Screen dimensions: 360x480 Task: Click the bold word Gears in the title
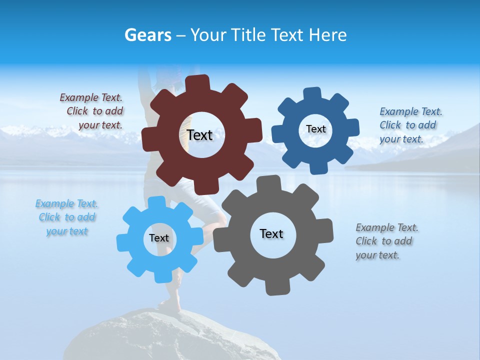147,35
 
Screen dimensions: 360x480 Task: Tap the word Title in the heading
249,35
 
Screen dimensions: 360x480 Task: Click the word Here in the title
328,35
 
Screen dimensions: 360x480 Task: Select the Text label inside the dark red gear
199,135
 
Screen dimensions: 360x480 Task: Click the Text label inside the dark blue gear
315,129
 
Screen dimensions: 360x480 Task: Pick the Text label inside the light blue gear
158,238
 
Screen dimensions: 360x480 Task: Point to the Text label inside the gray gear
271,233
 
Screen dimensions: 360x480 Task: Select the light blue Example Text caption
67,217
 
